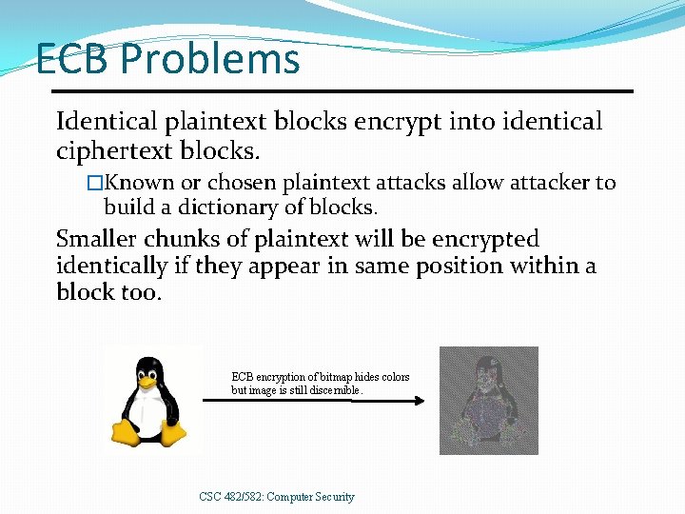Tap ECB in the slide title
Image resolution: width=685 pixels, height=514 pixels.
click(73, 60)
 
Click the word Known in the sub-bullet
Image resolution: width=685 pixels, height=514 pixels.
click(143, 182)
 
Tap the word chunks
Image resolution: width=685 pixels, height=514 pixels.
click(196, 238)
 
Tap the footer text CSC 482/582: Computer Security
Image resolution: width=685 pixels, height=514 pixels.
click(277, 496)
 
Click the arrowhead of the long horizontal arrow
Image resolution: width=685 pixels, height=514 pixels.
click(419, 401)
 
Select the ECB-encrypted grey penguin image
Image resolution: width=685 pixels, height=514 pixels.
click(488, 400)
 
